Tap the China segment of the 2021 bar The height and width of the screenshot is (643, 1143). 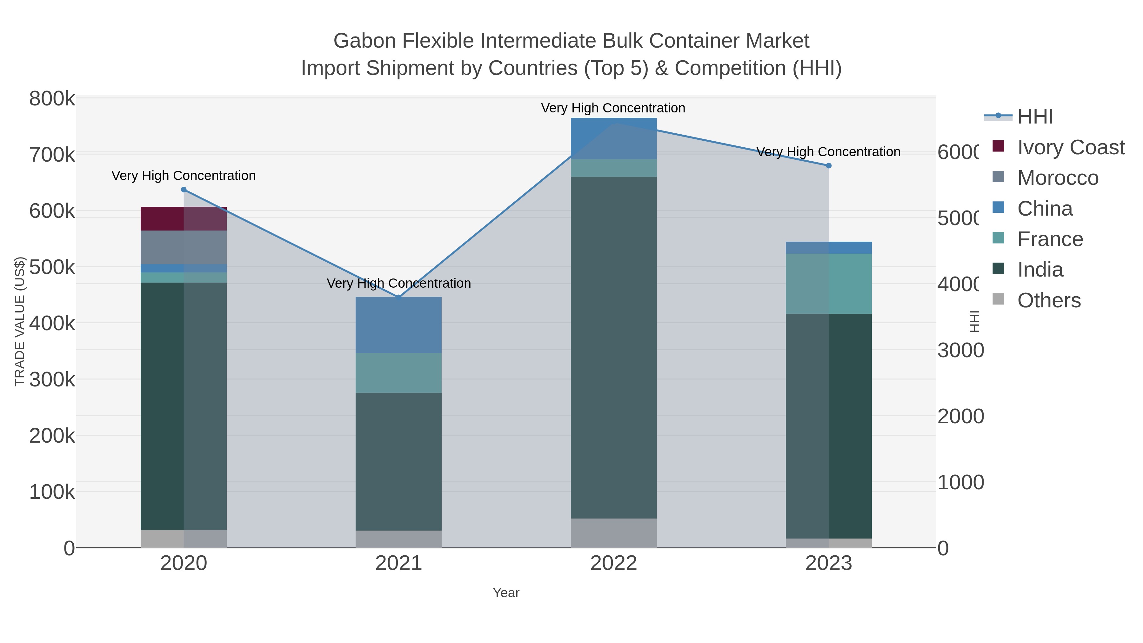(x=398, y=325)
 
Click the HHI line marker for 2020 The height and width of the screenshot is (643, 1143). (x=184, y=190)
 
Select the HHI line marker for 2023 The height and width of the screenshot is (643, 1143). (x=828, y=165)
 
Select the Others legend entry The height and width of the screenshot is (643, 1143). (x=1048, y=300)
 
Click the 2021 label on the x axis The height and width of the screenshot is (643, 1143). (x=398, y=564)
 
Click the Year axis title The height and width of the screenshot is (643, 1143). (x=506, y=593)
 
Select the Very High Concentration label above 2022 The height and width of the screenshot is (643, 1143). (x=613, y=108)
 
